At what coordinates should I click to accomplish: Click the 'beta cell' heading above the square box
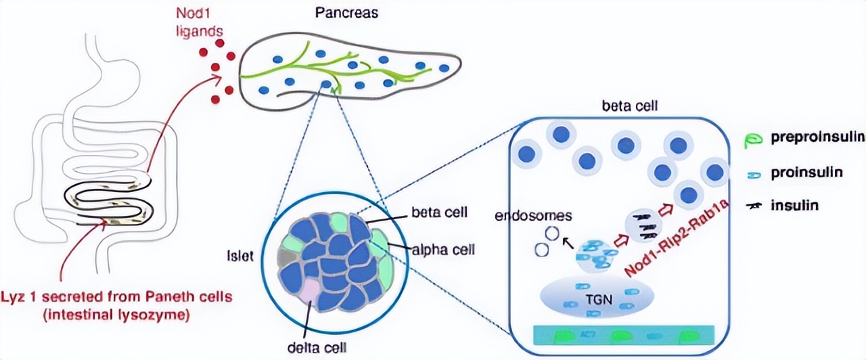624,106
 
